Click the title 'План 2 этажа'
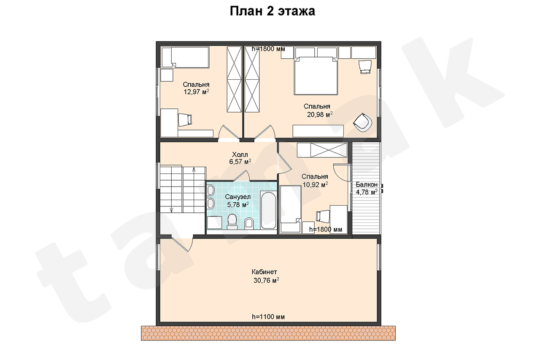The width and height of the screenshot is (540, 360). point(272,11)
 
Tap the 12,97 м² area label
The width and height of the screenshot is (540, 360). point(196,92)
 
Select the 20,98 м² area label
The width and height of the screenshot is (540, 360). point(320,114)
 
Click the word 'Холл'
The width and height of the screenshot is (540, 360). point(240,154)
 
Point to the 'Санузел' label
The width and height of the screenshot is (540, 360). point(238,197)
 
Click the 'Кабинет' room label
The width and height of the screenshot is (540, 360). point(264,272)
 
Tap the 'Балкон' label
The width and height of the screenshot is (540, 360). point(367,184)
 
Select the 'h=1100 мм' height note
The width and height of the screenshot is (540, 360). point(268,317)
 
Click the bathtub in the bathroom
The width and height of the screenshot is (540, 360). point(268,210)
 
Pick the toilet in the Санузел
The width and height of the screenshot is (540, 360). point(232,221)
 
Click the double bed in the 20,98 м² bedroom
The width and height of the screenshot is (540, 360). point(315,76)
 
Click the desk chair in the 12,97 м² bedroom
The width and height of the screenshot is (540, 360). point(185,120)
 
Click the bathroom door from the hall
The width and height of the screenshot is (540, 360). point(241,176)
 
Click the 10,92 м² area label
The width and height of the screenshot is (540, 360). point(315,185)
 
